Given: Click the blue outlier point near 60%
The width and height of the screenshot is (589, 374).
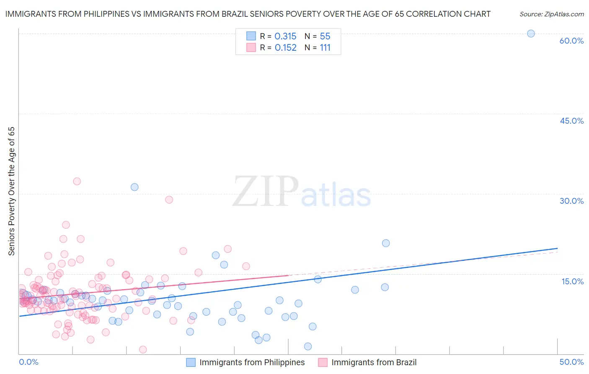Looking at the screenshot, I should point(531,34).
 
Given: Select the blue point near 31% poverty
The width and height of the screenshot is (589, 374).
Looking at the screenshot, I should point(134,187).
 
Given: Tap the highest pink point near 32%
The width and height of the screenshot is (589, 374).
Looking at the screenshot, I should point(77,181).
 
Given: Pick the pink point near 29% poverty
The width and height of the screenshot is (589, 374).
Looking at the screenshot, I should point(169,200).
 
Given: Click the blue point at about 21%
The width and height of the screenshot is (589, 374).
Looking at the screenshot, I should point(386,243).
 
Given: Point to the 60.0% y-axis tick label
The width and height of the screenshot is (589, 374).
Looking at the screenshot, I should point(571,41).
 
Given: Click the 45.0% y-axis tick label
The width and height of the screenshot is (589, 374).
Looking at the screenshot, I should point(571,121).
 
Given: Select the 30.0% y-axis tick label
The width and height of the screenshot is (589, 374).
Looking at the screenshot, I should point(571,201).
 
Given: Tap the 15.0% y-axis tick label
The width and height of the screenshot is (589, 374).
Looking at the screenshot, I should point(572,281).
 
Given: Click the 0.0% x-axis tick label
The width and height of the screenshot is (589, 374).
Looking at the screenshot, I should point(28,362).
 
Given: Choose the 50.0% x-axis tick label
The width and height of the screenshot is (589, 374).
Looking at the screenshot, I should point(571,362).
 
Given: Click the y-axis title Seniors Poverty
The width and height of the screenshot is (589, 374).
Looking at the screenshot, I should point(11,191).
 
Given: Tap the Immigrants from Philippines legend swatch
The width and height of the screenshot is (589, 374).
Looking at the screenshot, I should point(191,362).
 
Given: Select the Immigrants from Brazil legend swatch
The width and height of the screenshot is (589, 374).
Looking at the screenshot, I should point(323,362).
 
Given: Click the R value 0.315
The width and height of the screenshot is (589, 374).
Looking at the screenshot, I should point(285,36).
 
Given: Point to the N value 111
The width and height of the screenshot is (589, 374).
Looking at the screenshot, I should point(325,48).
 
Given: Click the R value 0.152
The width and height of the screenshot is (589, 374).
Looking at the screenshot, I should point(285,48).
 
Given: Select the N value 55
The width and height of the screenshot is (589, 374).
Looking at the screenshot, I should point(325,36).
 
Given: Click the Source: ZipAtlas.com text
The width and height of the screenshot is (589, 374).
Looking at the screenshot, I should point(551,14).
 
